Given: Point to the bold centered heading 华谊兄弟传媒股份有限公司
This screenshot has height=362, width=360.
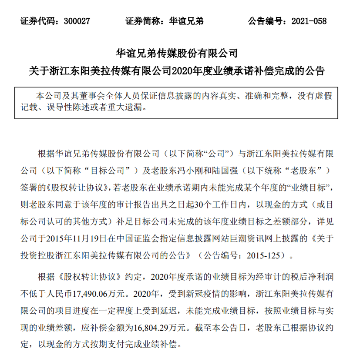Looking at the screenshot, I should [x=176, y=54].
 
